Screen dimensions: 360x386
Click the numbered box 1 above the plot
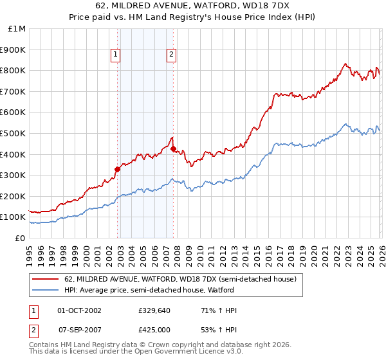point(115,55)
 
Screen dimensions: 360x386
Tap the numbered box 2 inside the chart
point(172,55)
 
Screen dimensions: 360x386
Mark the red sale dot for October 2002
point(117,170)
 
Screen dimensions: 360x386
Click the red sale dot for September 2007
point(173,149)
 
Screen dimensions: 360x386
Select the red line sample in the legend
point(45,280)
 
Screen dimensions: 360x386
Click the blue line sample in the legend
point(45,291)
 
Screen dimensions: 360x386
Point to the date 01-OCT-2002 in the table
point(80,310)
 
